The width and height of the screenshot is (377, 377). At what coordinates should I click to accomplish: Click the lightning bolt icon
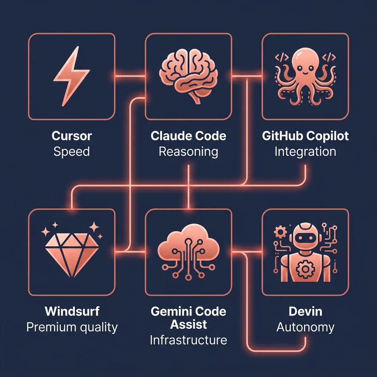click(x=71, y=76)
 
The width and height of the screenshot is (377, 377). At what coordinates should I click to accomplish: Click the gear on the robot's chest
click(x=305, y=269)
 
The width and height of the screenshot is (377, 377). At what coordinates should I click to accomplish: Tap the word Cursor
click(x=72, y=136)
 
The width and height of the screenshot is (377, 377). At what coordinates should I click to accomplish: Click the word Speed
click(x=72, y=152)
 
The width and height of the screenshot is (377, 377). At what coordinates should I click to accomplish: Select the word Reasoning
click(x=188, y=152)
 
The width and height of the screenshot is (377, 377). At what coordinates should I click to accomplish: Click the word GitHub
click(x=279, y=136)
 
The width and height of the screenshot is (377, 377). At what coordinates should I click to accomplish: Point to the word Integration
click(x=305, y=152)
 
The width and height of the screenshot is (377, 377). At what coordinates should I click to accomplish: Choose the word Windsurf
click(x=72, y=311)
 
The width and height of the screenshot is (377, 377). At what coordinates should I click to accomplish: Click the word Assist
click(x=188, y=325)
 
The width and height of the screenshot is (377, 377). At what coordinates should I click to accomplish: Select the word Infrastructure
click(x=188, y=340)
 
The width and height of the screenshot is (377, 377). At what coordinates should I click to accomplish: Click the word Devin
click(x=305, y=311)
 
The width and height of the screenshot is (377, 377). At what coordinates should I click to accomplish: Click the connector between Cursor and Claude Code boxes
click(x=130, y=76)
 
